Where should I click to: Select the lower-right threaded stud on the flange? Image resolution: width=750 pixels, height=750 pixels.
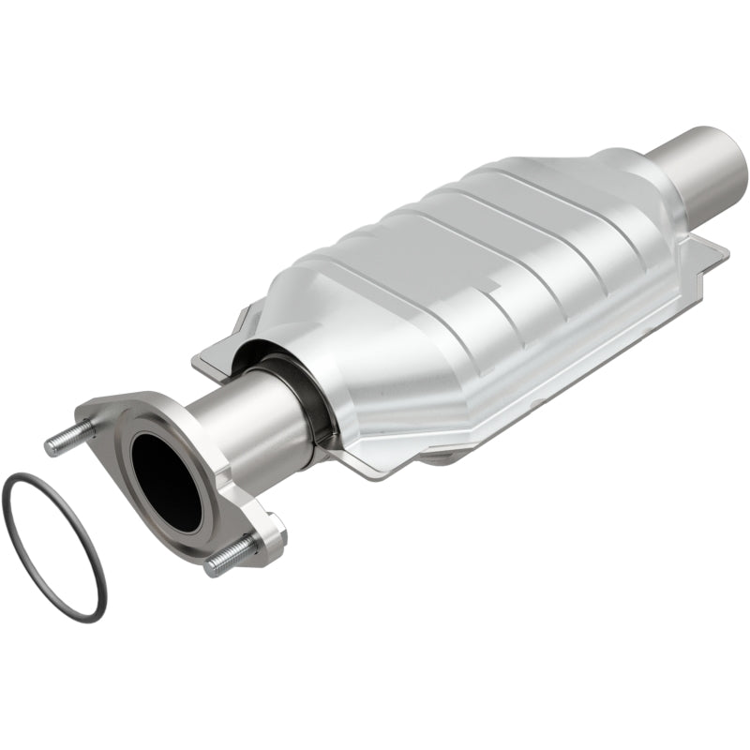231,555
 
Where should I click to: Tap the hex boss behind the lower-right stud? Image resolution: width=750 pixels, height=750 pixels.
272,530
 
